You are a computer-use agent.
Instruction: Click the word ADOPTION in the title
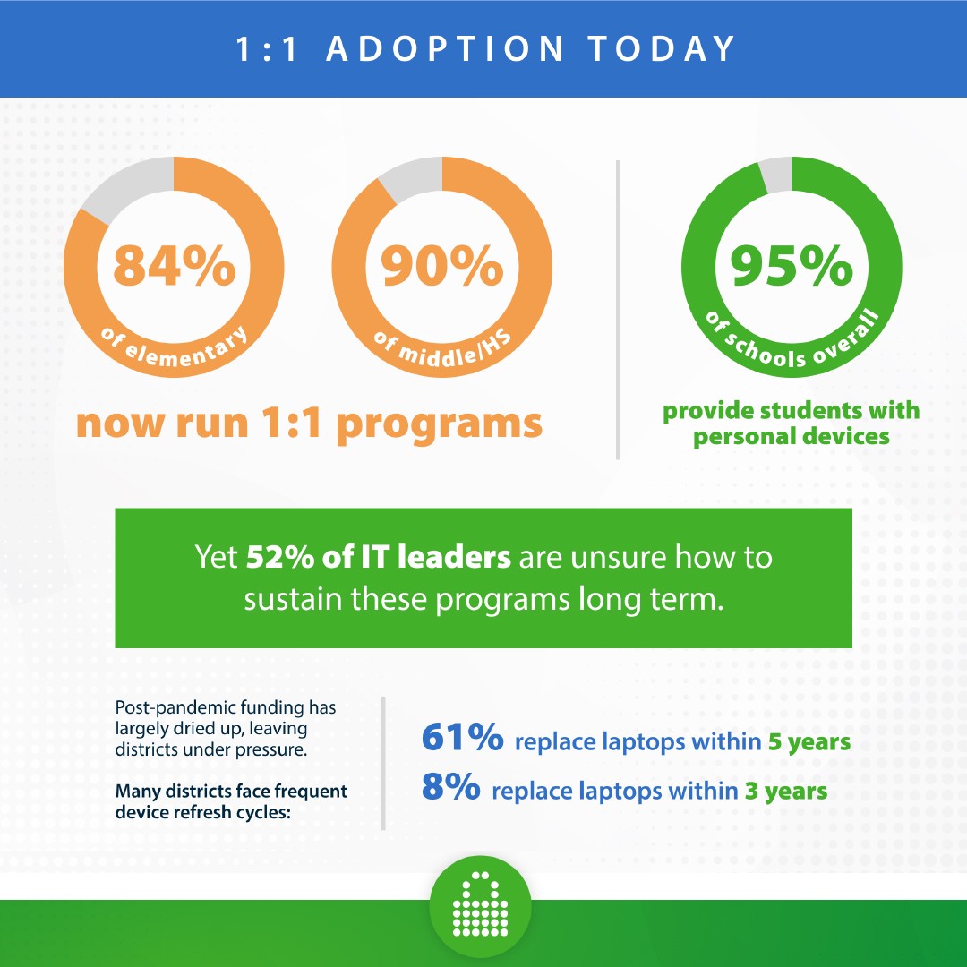pos(445,48)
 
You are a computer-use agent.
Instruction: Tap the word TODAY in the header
pos(662,48)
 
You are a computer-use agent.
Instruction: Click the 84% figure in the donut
pos(175,265)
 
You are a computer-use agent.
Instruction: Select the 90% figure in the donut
pos(442,265)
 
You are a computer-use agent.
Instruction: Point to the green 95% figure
pos(792,265)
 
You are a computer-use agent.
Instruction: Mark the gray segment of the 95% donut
pos(775,175)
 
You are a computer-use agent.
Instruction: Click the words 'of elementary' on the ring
pos(175,349)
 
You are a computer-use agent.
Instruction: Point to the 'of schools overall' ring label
pos(792,343)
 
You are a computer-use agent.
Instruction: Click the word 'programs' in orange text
pos(440,425)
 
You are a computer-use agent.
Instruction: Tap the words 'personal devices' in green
pos(792,437)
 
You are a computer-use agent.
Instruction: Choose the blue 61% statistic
pos(463,738)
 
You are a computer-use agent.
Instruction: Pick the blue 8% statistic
pos(450,786)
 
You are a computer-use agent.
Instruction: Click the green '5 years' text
pos(809,742)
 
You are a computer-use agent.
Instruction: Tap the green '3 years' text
pos(786,792)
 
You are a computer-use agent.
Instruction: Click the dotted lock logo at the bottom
pos(481,905)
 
